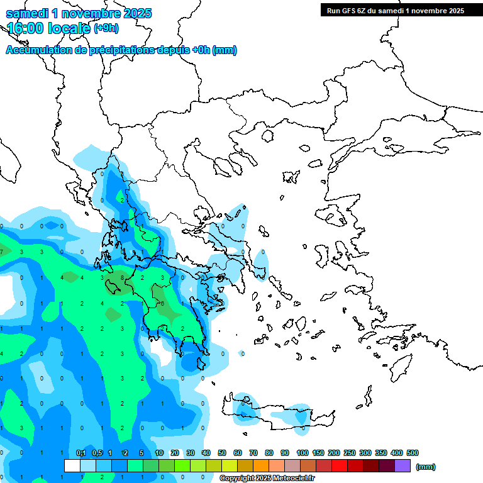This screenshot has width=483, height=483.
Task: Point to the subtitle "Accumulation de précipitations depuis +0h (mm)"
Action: (x=121, y=50)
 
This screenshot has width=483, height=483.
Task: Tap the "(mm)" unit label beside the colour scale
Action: (x=426, y=467)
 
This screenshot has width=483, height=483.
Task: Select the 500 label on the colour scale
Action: (x=413, y=453)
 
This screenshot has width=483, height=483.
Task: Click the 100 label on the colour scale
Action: (x=302, y=453)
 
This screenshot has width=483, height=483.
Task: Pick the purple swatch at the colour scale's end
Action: (x=402, y=465)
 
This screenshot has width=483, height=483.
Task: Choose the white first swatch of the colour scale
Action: (x=72, y=465)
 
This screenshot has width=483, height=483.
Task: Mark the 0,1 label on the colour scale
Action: (x=81, y=453)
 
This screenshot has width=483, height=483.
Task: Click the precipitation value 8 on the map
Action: (x=122, y=277)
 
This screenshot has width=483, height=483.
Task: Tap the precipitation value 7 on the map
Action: (x=2, y=252)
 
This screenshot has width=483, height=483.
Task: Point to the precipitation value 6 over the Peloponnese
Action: (x=162, y=303)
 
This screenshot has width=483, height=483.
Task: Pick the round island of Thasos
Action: (x=267, y=135)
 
